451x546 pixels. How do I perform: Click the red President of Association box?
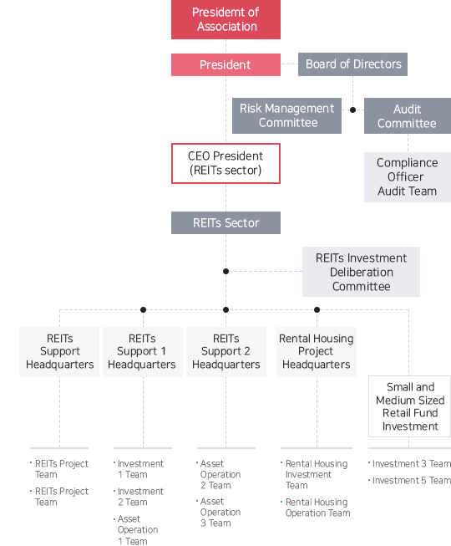point(225,19)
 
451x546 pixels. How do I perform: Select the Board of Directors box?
point(352,64)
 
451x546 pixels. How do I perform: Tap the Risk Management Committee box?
point(286,115)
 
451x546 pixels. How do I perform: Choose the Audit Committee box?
point(408,116)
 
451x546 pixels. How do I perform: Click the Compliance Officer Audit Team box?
point(408,177)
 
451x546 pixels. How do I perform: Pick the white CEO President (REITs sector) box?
point(225,163)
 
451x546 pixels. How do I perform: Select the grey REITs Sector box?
point(225,223)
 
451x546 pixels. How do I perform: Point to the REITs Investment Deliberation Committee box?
point(361,272)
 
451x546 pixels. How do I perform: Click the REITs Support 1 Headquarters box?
point(143,352)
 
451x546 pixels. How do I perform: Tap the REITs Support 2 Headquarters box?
point(226,352)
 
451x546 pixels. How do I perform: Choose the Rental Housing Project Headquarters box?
point(317,352)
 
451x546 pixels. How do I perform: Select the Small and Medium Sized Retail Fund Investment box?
point(410,406)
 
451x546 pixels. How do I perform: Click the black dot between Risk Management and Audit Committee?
point(353,110)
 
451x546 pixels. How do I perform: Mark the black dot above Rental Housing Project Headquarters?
point(317,309)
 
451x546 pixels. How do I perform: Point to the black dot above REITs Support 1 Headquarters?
point(143,309)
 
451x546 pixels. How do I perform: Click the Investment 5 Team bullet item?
point(409,481)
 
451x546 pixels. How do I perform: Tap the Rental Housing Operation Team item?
point(316,508)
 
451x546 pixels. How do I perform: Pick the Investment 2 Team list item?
point(139,497)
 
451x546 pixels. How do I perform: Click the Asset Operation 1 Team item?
point(135,530)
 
